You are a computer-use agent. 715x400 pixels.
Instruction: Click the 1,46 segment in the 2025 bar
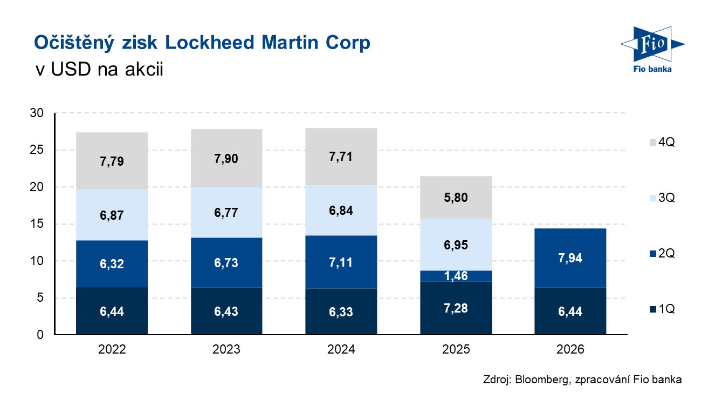(x=456, y=276)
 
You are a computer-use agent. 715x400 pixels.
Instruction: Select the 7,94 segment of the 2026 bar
(x=570, y=258)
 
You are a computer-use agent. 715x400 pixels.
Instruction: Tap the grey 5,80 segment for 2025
(x=456, y=198)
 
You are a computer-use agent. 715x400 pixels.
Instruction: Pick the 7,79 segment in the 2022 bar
(x=112, y=161)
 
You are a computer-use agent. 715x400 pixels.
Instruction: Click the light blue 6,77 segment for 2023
(x=226, y=213)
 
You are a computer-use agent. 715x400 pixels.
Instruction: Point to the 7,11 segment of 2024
(x=341, y=262)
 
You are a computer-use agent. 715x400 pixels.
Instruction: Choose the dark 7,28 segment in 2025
(x=456, y=308)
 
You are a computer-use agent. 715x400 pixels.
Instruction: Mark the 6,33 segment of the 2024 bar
(x=341, y=311)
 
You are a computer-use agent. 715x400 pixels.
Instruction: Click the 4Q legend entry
(x=662, y=142)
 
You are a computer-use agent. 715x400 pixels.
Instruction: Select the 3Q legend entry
(x=662, y=198)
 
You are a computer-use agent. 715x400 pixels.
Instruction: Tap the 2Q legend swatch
(x=653, y=254)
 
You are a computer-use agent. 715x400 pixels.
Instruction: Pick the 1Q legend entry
(x=662, y=309)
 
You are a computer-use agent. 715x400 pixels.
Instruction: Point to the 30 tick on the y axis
(x=37, y=113)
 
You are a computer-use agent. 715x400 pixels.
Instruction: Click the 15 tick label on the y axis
(x=37, y=223)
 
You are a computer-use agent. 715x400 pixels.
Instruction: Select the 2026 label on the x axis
(x=570, y=349)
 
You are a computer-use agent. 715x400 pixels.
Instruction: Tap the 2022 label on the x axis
(x=112, y=349)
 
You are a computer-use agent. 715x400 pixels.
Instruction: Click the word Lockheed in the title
(x=209, y=43)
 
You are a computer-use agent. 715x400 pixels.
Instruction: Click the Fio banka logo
(x=652, y=50)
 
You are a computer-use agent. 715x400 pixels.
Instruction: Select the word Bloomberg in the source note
(x=542, y=379)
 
